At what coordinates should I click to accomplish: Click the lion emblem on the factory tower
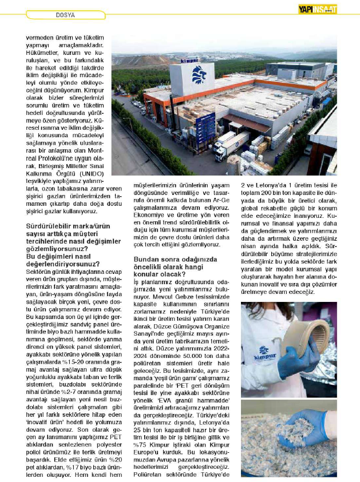(x=199, y=74)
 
